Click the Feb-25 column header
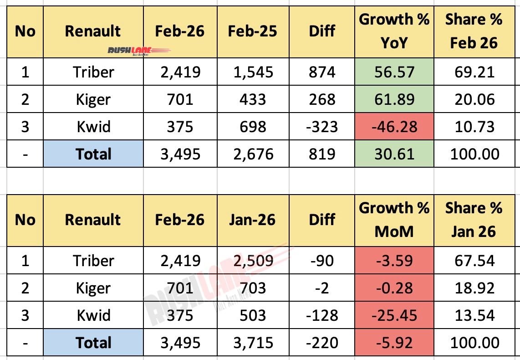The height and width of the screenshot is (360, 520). click(x=253, y=31)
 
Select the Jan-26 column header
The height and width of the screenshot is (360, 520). click(x=253, y=220)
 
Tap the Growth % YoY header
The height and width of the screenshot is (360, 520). click(x=394, y=31)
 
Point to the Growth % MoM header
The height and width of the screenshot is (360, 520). click(x=394, y=220)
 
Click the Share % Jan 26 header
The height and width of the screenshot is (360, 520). click(x=474, y=220)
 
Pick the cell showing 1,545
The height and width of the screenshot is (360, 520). click(x=253, y=72)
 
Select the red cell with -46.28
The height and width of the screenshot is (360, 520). click(x=394, y=127)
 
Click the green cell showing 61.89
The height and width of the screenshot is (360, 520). click(x=394, y=99)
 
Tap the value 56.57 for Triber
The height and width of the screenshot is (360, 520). click(x=394, y=72)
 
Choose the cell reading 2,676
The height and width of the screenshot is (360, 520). click(x=253, y=154)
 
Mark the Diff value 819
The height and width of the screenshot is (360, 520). click(x=321, y=154)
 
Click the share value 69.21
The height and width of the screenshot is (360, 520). click(x=474, y=72)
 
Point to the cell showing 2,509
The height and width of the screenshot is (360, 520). click(x=253, y=261)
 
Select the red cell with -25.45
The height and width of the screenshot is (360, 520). click(x=394, y=315)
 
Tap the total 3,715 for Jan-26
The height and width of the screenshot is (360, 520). click(x=253, y=343)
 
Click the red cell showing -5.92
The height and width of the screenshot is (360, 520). click(x=394, y=343)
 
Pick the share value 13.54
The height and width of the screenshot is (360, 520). click(x=474, y=315)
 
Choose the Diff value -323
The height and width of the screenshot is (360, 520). click(x=321, y=127)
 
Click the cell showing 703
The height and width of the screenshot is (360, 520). click(x=253, y=288)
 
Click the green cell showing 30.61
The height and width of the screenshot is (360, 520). click(x=394, y=154)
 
